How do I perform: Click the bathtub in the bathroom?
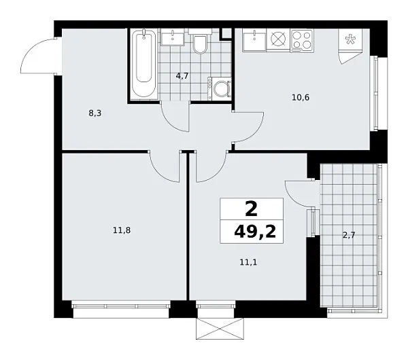point(143,64)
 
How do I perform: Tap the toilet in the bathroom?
point(199,44)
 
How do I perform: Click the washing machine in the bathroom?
point(220,88)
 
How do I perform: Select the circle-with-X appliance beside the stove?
point(278,40)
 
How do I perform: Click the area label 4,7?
point(182,76)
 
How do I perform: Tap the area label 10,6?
point(300,97)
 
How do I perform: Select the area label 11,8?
point(122,230)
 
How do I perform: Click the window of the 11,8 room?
point(120,306)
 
